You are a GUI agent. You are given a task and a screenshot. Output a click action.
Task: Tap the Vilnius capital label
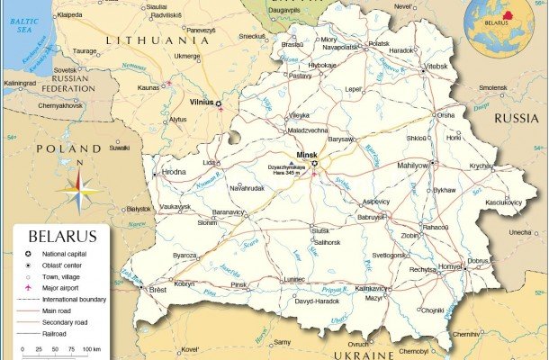click(201, 103)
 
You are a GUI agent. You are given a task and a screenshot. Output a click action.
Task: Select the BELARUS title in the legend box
click(62, 238)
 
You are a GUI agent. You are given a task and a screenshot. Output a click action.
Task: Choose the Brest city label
click(158, 290)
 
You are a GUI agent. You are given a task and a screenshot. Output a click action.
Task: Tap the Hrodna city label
click(173, 171)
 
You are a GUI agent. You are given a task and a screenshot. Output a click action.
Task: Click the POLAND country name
click(67, 148)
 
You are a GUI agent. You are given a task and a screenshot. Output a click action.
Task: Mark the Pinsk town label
click(238, 285)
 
